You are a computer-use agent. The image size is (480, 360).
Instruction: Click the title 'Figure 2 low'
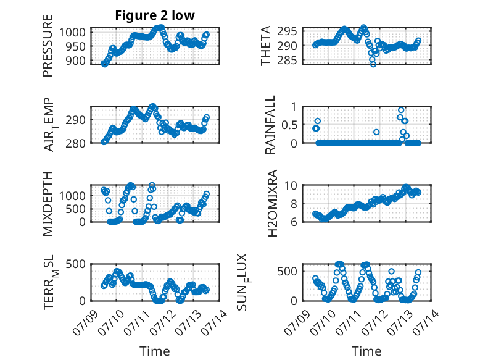[155, 15]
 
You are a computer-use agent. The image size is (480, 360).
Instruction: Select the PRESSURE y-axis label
[48, 46]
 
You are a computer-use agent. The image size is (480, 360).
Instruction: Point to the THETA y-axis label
[266, 46]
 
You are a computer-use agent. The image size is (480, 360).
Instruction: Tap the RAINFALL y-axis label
[270, 124]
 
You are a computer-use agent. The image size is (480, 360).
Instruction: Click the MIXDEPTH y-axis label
[48, 203]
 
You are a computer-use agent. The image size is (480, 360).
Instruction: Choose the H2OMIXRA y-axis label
[272, 203]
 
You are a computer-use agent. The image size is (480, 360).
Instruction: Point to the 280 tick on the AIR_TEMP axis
[75, 143]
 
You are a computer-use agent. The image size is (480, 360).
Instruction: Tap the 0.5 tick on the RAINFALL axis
[289, 125]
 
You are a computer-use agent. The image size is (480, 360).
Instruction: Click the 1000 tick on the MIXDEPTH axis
[72, 195]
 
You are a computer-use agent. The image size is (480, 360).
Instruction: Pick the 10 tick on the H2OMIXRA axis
[291, 185]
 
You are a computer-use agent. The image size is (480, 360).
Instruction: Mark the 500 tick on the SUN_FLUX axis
[287, 271]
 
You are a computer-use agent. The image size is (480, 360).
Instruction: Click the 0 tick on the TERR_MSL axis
[82, 301]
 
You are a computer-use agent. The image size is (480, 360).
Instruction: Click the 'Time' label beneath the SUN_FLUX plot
[366, 351]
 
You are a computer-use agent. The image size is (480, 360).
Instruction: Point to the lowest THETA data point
[373, 64]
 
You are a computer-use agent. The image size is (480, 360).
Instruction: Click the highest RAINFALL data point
[401, 110]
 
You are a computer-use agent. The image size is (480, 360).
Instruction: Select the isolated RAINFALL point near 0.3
[376, 132]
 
